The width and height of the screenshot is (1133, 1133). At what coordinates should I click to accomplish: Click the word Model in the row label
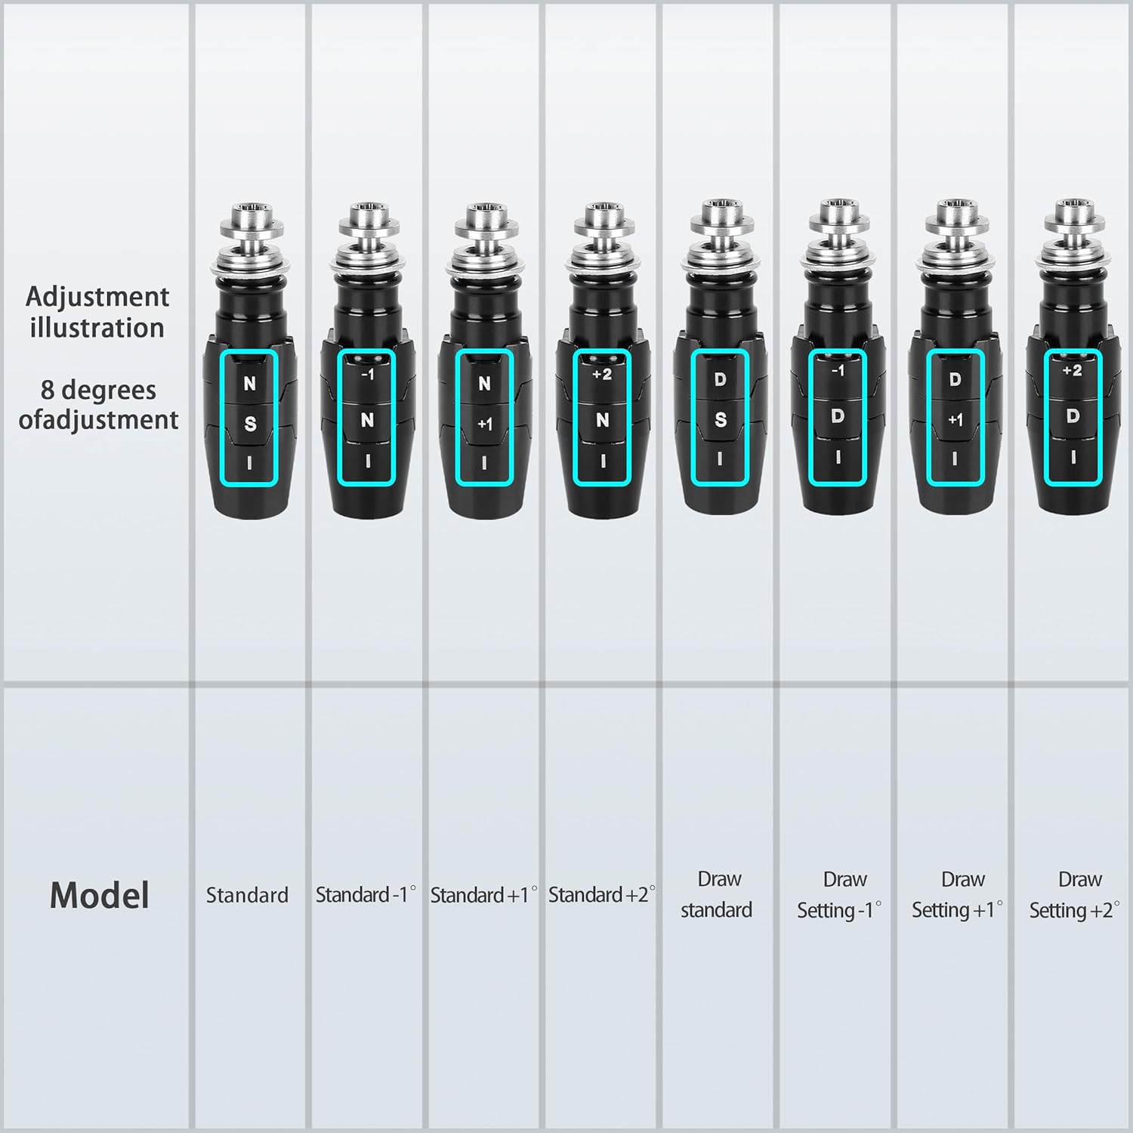pyautogui.click(x=99, y=895)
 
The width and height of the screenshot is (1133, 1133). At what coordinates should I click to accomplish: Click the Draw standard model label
pyautogui.click(x=717, y=894)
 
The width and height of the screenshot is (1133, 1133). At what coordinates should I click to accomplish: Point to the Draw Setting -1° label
pyautogui.click(x=839, y=895)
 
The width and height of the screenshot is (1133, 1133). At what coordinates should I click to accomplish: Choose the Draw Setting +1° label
pyautogui.click(x=958, y=895)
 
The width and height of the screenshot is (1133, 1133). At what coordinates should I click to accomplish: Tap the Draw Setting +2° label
pyautogui.click(x=1075, y=895)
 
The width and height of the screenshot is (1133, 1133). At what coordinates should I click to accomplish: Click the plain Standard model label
pyautogui.click(x=247, y=895)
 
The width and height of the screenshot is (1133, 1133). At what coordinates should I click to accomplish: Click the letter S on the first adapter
pyautogui.click(x=250, y=424)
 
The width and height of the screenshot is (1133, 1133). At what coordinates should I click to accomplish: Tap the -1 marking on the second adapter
pyautogui.click(x=367, y=374)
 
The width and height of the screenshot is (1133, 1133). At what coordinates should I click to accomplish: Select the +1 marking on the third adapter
pyautogui.click(x=485, y=424)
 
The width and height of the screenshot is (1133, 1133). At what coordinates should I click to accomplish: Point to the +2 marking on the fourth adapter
pyautogui.click(x=602, y=374)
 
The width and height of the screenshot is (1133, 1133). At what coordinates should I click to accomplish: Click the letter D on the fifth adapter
pyautogui.click(x=720, y=379)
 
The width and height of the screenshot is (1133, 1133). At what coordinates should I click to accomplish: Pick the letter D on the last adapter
pyautogui.click(x=1073, y=416)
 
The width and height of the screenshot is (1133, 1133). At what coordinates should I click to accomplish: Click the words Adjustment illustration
pyautogui.click(x=97, y=312)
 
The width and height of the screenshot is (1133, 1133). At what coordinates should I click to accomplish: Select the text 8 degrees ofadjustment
pyautogui.click(x=98, y=405)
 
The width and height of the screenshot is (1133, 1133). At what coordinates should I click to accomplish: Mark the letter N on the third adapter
pyautogui.click(x=485, y=384)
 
